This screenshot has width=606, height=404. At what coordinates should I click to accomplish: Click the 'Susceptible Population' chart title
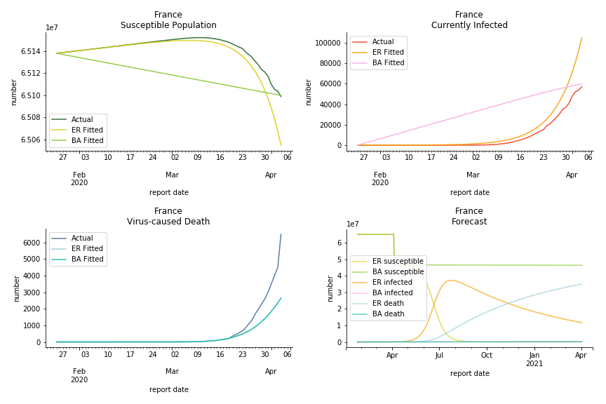click(168, 25)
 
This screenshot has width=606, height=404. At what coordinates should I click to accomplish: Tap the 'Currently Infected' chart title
click(469, 25)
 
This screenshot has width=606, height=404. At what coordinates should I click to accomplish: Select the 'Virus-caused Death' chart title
click(168, 222)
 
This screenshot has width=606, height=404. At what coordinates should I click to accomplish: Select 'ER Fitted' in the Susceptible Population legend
click(87, 130)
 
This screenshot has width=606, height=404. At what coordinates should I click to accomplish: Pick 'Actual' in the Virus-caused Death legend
click(82, 238)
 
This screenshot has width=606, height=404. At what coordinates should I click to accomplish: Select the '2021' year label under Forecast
click(534, 364)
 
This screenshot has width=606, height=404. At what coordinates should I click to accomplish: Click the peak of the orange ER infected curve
click(451, 281)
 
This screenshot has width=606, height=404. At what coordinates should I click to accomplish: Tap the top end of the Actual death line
click(281, 234)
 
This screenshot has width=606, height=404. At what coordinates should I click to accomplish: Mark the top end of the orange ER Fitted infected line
click(581, 38)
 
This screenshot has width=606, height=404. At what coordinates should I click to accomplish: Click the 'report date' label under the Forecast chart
click(469, 374)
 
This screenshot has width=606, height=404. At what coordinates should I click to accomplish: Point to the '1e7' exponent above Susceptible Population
click(52, 28)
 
